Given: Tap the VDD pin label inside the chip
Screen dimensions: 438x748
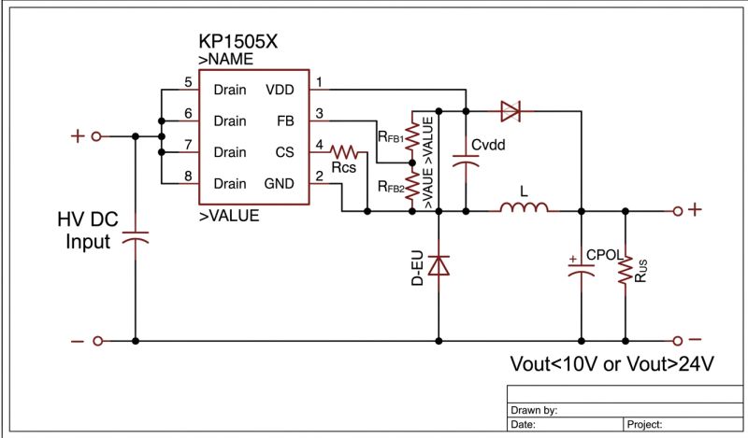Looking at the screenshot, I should tap(280, 90).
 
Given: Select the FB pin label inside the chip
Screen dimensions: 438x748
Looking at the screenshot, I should tap(285, 120).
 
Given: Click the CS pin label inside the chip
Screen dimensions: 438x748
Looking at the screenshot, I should tap(284, 151).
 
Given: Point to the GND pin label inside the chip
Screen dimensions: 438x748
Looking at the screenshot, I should tap(280, 183).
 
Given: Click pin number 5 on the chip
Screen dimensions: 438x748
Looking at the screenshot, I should tap(188, 83).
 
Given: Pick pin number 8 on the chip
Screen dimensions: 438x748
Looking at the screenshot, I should tap(188, 176).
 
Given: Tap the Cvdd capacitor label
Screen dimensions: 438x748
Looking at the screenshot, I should tap(490, 145).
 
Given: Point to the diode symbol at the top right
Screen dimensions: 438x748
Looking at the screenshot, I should tap(511, 112).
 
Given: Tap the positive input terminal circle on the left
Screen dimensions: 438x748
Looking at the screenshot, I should tap(96, 136).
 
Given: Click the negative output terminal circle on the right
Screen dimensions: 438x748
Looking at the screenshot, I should tap(676, 342).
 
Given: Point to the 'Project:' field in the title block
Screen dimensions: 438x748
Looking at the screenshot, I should tap(645, 424).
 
